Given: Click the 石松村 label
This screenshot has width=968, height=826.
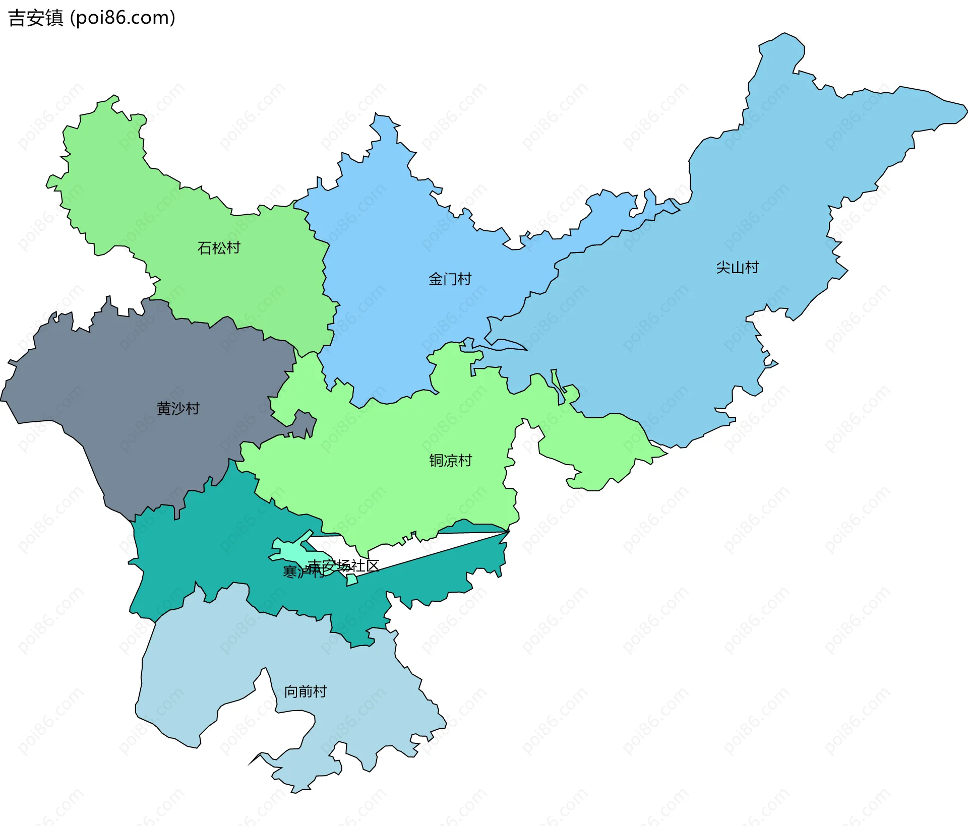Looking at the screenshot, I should [x=218, y=248].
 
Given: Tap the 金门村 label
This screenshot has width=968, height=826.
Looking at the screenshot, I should [x=450, y=279].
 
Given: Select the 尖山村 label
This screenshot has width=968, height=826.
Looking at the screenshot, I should [x=737, y=267].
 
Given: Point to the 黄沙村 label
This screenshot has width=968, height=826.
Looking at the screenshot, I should [x=178, y=408].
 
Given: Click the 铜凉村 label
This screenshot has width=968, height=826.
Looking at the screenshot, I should [x=450, y=461].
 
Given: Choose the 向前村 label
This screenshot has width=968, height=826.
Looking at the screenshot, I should [x=305, y=691].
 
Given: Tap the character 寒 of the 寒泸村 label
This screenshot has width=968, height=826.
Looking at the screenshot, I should [x=290, y=571].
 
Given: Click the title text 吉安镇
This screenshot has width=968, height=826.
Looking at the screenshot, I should [x=36, y=18].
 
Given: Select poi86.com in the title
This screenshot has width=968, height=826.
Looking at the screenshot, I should [x=123, y=18].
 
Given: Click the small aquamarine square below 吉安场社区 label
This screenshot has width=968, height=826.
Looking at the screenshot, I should [x=352, y=580].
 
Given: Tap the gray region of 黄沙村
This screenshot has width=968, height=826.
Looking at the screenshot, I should [x=126, y=454].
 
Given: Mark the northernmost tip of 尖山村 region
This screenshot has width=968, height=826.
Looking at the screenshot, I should [x=784, y=34].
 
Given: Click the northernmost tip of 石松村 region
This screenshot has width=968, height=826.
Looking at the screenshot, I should [x=114, y=96].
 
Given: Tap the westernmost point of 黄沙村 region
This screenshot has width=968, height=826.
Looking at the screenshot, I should [x=2, y=401].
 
